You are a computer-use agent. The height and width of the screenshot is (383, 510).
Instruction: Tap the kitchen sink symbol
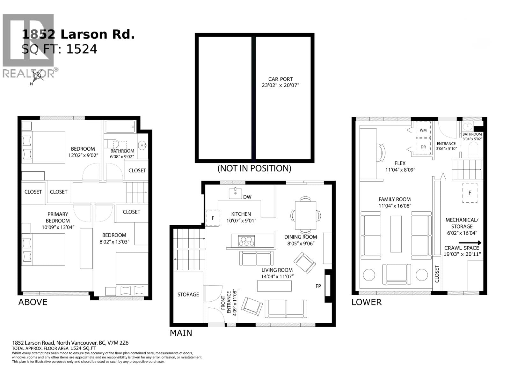click(235, 193)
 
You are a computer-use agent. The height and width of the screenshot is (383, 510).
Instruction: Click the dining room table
click(305, 215)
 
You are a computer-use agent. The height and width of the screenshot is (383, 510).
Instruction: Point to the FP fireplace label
click(318, 286)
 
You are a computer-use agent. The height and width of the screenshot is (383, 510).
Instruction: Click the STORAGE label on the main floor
click(188, 294)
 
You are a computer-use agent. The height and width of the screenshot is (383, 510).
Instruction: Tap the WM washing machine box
click(423, 130)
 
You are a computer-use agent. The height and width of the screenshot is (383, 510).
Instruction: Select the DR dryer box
click(423, 147)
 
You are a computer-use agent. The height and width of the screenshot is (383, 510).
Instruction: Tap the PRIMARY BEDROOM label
click(58, 217)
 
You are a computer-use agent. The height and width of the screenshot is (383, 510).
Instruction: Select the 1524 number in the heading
click(82, 49)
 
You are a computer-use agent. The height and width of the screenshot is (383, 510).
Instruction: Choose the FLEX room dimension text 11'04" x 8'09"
click(400, 170)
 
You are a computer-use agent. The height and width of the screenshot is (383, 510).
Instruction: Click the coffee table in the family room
click(396, 234)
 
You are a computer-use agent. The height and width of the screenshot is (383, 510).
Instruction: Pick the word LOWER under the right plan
click(366, 302)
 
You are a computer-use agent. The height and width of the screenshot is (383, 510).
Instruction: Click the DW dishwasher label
click(247, 197)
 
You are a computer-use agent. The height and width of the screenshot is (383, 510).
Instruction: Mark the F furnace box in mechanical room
click(470, 193)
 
